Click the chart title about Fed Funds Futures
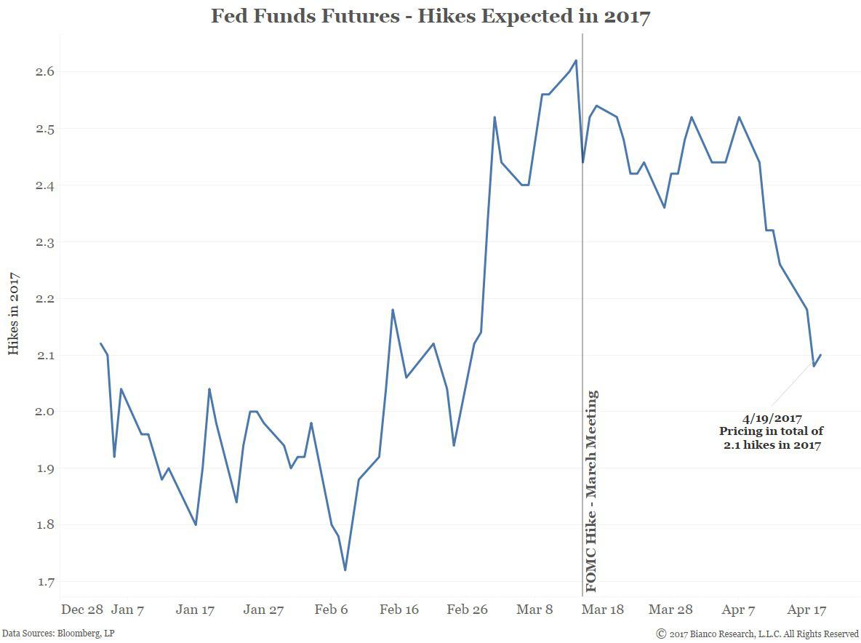pos(430,16)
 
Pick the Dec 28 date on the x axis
pos(81,610)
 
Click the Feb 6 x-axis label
pos(331,610)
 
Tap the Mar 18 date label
pos(602,610)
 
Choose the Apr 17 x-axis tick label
pos(808,610)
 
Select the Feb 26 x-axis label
pos(467,610)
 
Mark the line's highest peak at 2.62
pos(576,60)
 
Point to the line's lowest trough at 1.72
pos(345,570)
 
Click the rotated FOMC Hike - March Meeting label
pos(592,491)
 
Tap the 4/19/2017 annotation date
pos(772,419)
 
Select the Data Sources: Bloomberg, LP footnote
pos(57,634)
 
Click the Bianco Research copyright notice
pos(757,634)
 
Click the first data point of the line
pos(100,343)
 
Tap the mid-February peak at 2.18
pos(393,310)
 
